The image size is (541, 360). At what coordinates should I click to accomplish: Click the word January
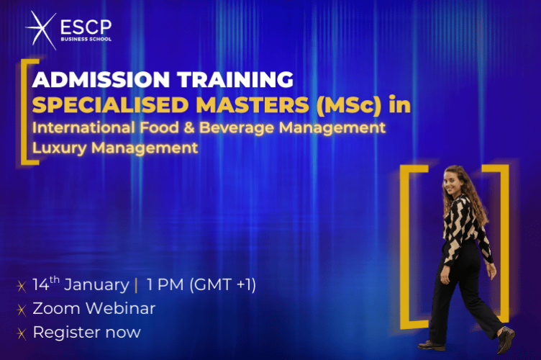click(97, 284)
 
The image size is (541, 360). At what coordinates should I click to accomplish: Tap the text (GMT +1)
click(219, 284)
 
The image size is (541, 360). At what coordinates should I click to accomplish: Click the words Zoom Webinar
click(94, 308)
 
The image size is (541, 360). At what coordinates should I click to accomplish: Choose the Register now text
click(86, 333)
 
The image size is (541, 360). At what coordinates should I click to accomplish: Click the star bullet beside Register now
click(22, 333)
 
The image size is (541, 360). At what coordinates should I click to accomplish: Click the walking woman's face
click(453, 181)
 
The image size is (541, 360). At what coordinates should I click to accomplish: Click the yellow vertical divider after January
click(136, 285)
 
